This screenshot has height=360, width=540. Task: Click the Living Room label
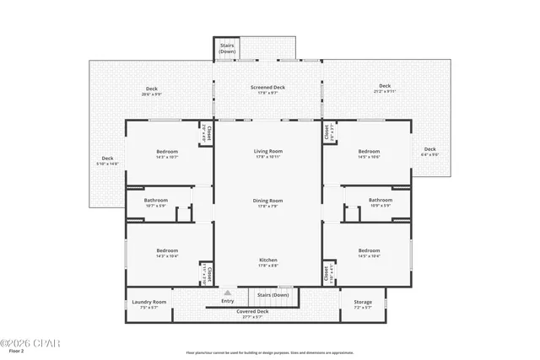267,152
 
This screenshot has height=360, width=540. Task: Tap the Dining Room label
267,201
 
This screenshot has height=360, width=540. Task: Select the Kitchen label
267,260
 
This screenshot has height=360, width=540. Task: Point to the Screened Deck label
267,87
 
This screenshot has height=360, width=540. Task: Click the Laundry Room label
148,302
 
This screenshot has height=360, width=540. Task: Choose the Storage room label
362,302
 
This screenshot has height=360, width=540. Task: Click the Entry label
228,301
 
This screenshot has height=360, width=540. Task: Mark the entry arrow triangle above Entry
227,293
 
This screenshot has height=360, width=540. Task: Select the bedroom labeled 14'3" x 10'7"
166,153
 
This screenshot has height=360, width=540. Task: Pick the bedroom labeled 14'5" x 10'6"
369,153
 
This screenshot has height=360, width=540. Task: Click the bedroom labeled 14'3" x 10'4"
166,251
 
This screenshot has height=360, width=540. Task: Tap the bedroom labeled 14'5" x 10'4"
369,251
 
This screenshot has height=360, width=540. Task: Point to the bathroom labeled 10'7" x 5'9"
156,201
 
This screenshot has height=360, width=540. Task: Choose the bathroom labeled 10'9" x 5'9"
380,201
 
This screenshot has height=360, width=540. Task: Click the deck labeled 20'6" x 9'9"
151,89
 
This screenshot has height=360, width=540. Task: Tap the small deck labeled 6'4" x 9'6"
430,152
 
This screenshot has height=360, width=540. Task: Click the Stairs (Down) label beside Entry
273,295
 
